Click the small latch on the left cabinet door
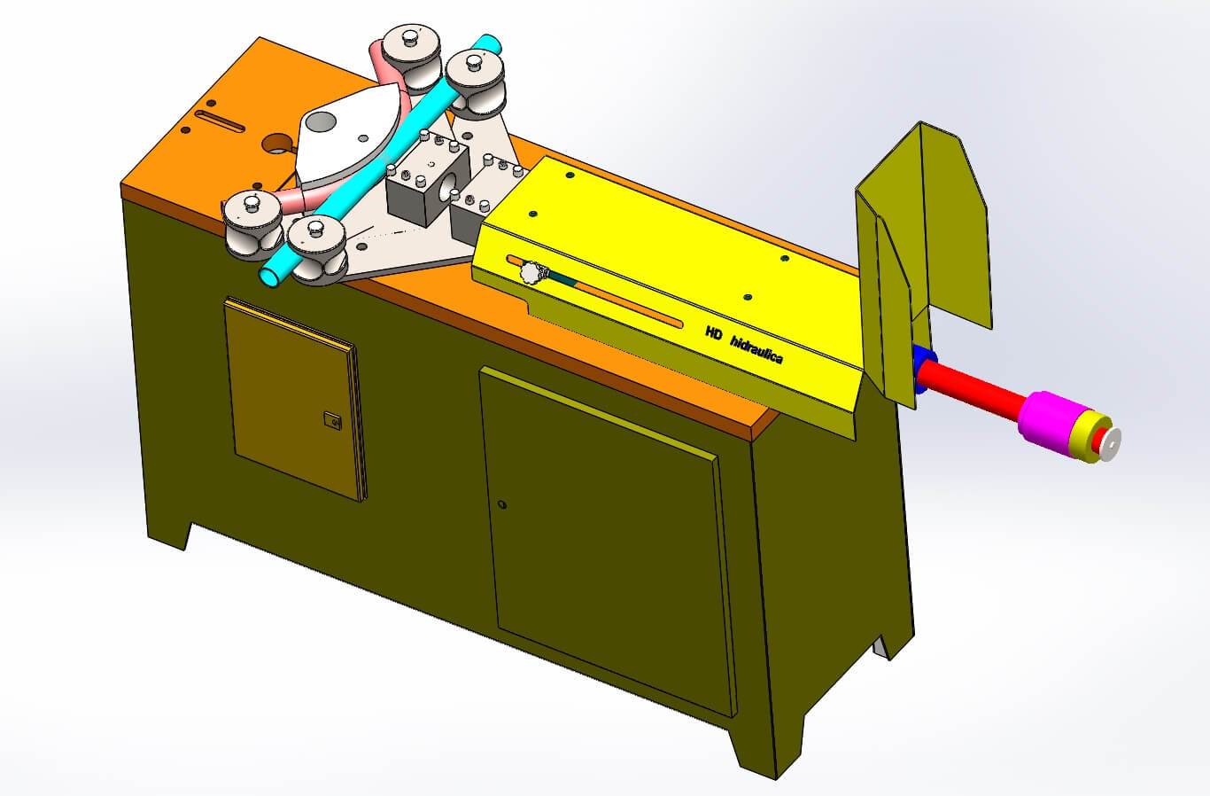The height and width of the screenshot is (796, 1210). click(x=332, y=420)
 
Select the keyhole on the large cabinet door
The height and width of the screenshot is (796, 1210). click(x=502, y=505)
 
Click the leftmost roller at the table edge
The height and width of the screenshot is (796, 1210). click(x=252, y=222)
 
